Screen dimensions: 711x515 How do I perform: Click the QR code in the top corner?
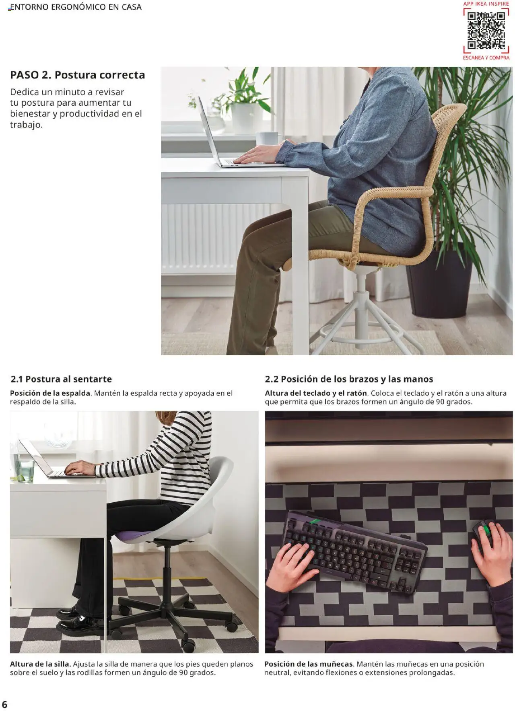(486, 31)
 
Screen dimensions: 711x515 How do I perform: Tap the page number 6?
(5, 704)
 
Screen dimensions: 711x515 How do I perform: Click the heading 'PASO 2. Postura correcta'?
(77, 75)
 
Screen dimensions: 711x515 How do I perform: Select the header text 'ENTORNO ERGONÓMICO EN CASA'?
(76, 7)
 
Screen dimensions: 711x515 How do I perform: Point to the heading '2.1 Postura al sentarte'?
(61, 379)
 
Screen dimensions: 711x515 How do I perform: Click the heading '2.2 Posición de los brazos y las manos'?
(349, 379)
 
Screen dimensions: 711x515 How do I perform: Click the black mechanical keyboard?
(354, 551)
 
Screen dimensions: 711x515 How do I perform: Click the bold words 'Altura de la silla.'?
(40, 664)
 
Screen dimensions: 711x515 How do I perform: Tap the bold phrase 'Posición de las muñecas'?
(309, 664)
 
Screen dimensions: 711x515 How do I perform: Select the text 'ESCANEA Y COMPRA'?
(486, 58)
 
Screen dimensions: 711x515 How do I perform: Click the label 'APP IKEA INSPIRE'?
(486, 4)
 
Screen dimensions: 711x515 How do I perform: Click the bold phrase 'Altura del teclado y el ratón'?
(316, 393)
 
